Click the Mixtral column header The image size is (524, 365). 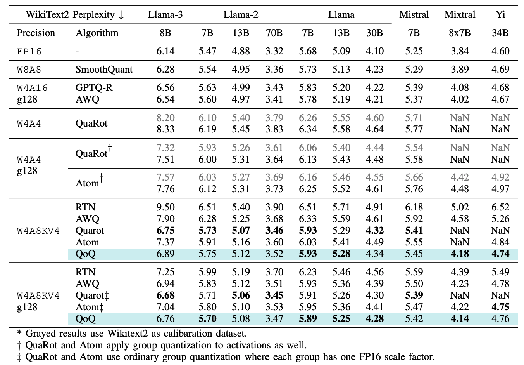pyautogui.click(x=460, y=15)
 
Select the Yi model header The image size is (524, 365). pyautogui.click(x=500, y=15)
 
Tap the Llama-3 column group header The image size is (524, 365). pyautogui.click(x=165, y=15)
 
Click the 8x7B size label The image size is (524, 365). pyautogui.click(x=460, y=33)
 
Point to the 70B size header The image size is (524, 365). pyautogui.click(x=274, y=33)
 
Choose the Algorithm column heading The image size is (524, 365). pyautogui.click(x=97, y=33)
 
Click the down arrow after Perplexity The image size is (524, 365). pyautogui.click(x=121, y=15)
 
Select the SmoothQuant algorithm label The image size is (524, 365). pyautogui.click(x=104, y=70)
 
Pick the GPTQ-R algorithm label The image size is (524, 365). pyautogui.click(x=94, y=88)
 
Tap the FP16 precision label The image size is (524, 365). pyautogui.click(x=29, y=52)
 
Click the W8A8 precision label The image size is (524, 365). pyautogui.click(x=29, y=70)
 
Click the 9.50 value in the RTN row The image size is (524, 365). pyautogui.click(x=165, y=207)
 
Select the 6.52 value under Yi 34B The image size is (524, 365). pyautogui.click(x=500, y=207)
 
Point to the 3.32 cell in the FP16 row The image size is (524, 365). pyautogui.click(x=274, y=51)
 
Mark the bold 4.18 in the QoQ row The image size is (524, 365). pyautogui.click(x=460, y=254)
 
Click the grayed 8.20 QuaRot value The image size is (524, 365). pyautogui.click(x=165, y=118)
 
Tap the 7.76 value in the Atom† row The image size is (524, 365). pyautogui.click(x=165, y=189)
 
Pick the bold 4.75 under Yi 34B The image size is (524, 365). pyautogui.click(x=500, y=307)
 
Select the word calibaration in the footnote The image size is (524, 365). pyautogui.click(x=190, y=334)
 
